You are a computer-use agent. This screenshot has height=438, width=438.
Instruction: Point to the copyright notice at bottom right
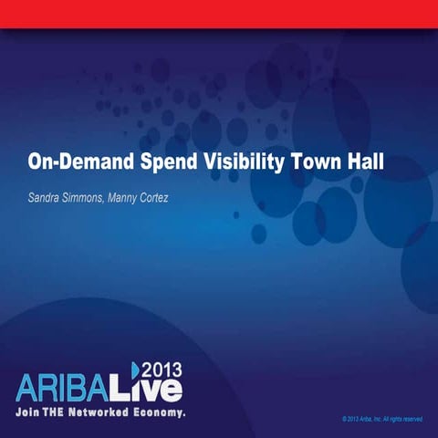(381, 419)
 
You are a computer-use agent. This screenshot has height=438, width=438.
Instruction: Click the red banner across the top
(219, 13)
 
